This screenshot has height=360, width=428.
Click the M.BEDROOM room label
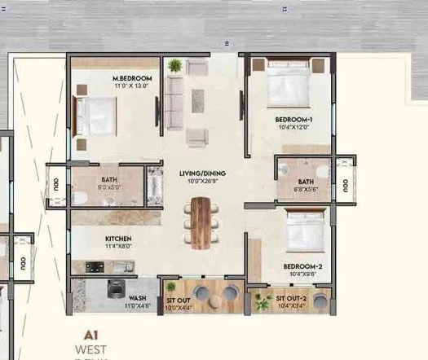pyautogui.click(x=130, y=79)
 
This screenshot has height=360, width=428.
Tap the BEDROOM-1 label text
pyautogui.click(x=293, y=120)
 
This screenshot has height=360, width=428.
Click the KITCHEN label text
pyautogui.click(x=119, y=239)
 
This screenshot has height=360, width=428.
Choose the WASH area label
pyautogui.click(x=136, y=298)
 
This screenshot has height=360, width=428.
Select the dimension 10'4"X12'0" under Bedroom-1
pyautogui.click(x=293, y=128)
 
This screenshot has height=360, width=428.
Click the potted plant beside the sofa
pyautogui.click(x=174, y=66)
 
